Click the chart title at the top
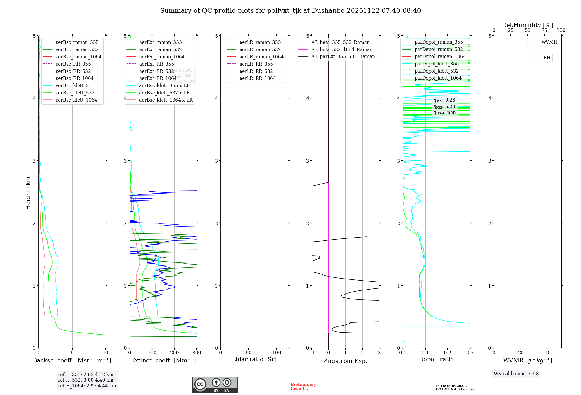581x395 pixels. coord(290,11)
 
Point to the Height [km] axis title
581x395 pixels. coord(28,192)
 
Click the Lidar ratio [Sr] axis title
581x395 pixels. coord(254,359)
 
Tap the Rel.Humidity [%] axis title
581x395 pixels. coord(527,25)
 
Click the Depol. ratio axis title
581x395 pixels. coord(436,359)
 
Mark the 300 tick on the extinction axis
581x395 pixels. coord(197,353)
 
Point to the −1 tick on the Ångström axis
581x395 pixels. coord(312,353)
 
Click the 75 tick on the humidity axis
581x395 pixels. coord(544,30)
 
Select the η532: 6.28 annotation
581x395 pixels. coord(444,107)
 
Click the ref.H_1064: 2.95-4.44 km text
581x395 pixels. coord(87,386)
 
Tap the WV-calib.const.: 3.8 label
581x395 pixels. coord(516,374)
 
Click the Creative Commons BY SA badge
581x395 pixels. coord(215,385)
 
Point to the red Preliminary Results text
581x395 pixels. coord(303,386)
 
